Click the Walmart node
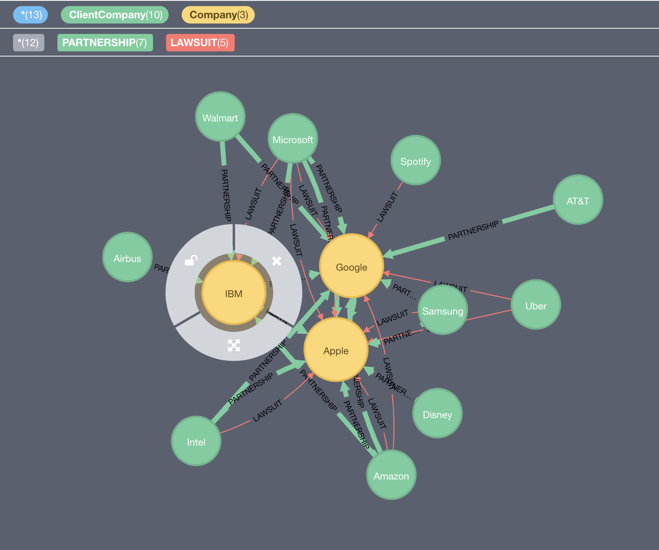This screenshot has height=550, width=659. click(220, 117)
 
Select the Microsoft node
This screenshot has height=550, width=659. click(293, 139)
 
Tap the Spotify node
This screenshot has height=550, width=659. click(416, 161)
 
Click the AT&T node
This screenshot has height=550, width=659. click(578, 200)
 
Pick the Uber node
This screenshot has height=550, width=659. click(536, 305)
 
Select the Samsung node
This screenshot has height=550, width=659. click(443, 310)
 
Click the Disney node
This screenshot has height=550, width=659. click(437, 414)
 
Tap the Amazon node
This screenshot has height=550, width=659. click(391, 475)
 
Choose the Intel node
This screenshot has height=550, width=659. click(196, 441)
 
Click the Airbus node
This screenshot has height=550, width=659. click(127, 258)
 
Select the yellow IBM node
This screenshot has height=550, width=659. click(234, 293)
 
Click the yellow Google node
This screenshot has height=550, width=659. click(351, 266)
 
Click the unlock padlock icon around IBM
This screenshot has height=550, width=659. click(191, 260)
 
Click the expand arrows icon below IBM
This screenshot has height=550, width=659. click(234, 345)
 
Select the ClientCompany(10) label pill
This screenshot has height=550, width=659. click(115, 15)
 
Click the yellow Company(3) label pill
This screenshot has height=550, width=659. click(218, 15)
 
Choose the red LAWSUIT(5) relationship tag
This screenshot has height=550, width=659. click(200, 43)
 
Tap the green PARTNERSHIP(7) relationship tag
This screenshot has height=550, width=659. click(105, 43)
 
